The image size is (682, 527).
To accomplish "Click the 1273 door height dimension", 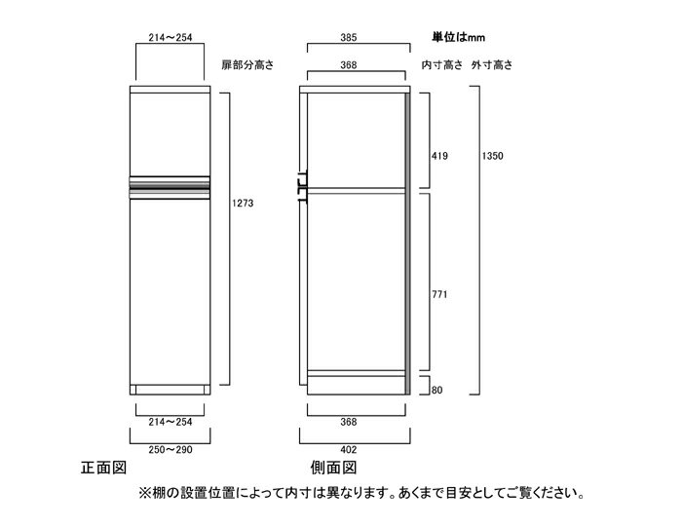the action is click(x=243, y=203).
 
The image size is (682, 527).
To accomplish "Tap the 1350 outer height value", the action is click(x=492, y=156).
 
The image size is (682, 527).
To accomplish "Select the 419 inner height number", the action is click(x=439, y=156).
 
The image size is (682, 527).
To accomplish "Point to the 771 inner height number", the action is click(x=439, y=294).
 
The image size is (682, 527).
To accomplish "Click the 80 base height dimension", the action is click(x=437, y=390).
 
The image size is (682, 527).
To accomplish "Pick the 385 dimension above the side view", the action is click(x=349, y=37).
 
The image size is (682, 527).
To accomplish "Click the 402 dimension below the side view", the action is click(x=349, y=450).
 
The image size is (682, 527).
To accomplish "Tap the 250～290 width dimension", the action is click(x=170, y=450).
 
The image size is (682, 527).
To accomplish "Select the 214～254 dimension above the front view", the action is click(x=170, y=37).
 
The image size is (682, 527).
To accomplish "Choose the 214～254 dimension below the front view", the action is click(x=170, y=422).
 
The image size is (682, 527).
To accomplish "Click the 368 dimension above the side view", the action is click(x=349, y=65).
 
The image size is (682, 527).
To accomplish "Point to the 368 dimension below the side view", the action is click(x=349, y=422).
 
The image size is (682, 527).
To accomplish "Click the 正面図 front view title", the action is click(x=103, y=468).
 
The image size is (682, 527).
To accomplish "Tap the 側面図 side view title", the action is click(x=333, y=468).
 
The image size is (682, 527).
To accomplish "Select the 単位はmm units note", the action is click(x=458, y=37).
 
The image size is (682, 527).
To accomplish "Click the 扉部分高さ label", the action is click(x=247, y=65).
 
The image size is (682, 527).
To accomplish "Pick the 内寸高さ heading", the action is click(x=442, y=65).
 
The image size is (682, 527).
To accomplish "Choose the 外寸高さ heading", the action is click(x=492, y=65).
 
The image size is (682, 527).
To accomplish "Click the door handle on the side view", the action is click(x=303, y=187).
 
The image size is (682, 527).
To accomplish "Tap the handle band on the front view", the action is click(x=170, y=188).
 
